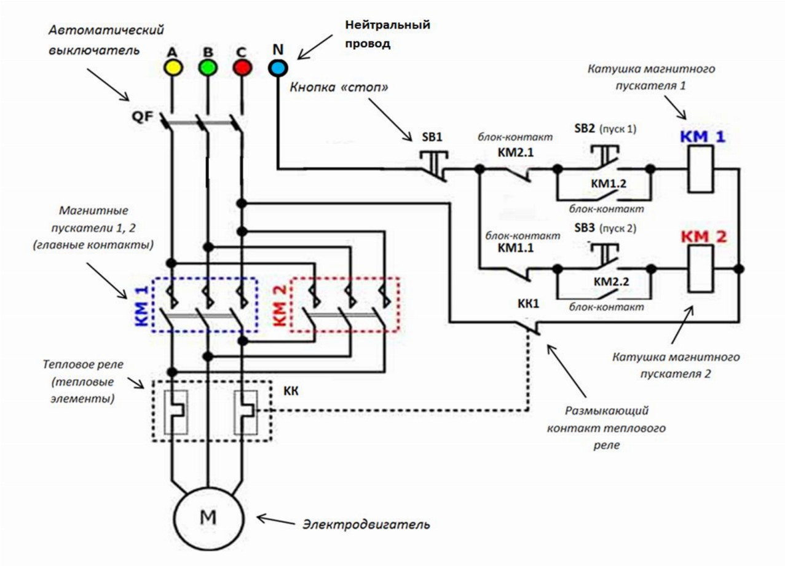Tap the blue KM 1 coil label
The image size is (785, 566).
(x=702, y=136)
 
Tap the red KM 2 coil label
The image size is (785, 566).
(x=703, y=236)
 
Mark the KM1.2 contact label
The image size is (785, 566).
(x=610, y=183)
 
